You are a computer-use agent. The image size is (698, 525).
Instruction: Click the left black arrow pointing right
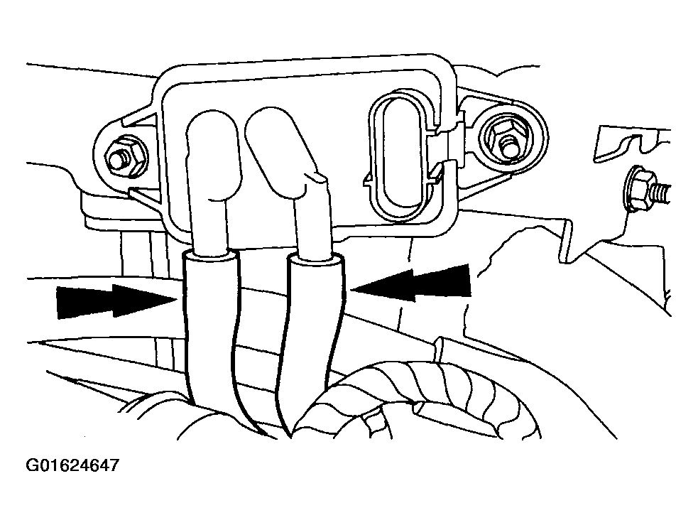(x=116, y=301)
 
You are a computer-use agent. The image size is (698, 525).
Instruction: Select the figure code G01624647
(x=73, y=466)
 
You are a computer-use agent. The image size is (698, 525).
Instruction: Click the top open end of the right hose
(x=316, y=259)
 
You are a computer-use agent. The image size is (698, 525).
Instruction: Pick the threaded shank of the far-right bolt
(x=660, y=192)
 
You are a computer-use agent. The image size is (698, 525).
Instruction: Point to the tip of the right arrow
(x=351, y=290)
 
